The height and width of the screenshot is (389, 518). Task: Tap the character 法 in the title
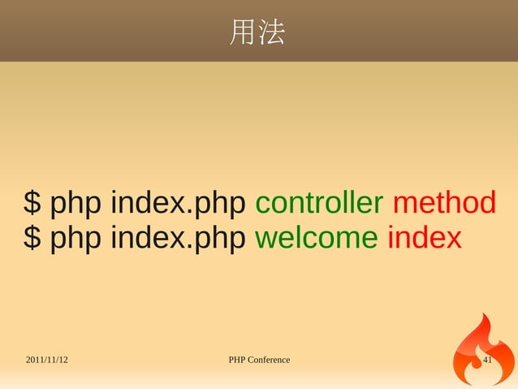point(271,32)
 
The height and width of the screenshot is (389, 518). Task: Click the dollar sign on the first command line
point(32,202)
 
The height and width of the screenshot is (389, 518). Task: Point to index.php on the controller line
point(178,202)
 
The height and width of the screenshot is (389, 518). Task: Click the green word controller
point(319,202)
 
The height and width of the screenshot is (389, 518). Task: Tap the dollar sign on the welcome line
point(32,239)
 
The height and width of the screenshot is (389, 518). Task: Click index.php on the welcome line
point(178,239)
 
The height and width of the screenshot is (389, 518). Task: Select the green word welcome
point(316,239)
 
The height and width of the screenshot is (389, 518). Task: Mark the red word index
point(424,239)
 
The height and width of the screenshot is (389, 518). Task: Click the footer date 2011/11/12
point(46,360)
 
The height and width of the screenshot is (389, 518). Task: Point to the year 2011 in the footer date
point(36,360)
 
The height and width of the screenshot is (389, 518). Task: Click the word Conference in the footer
point(270,360)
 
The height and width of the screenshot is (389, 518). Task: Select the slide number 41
point(488,360)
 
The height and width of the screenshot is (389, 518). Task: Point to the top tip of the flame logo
point(486,313)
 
